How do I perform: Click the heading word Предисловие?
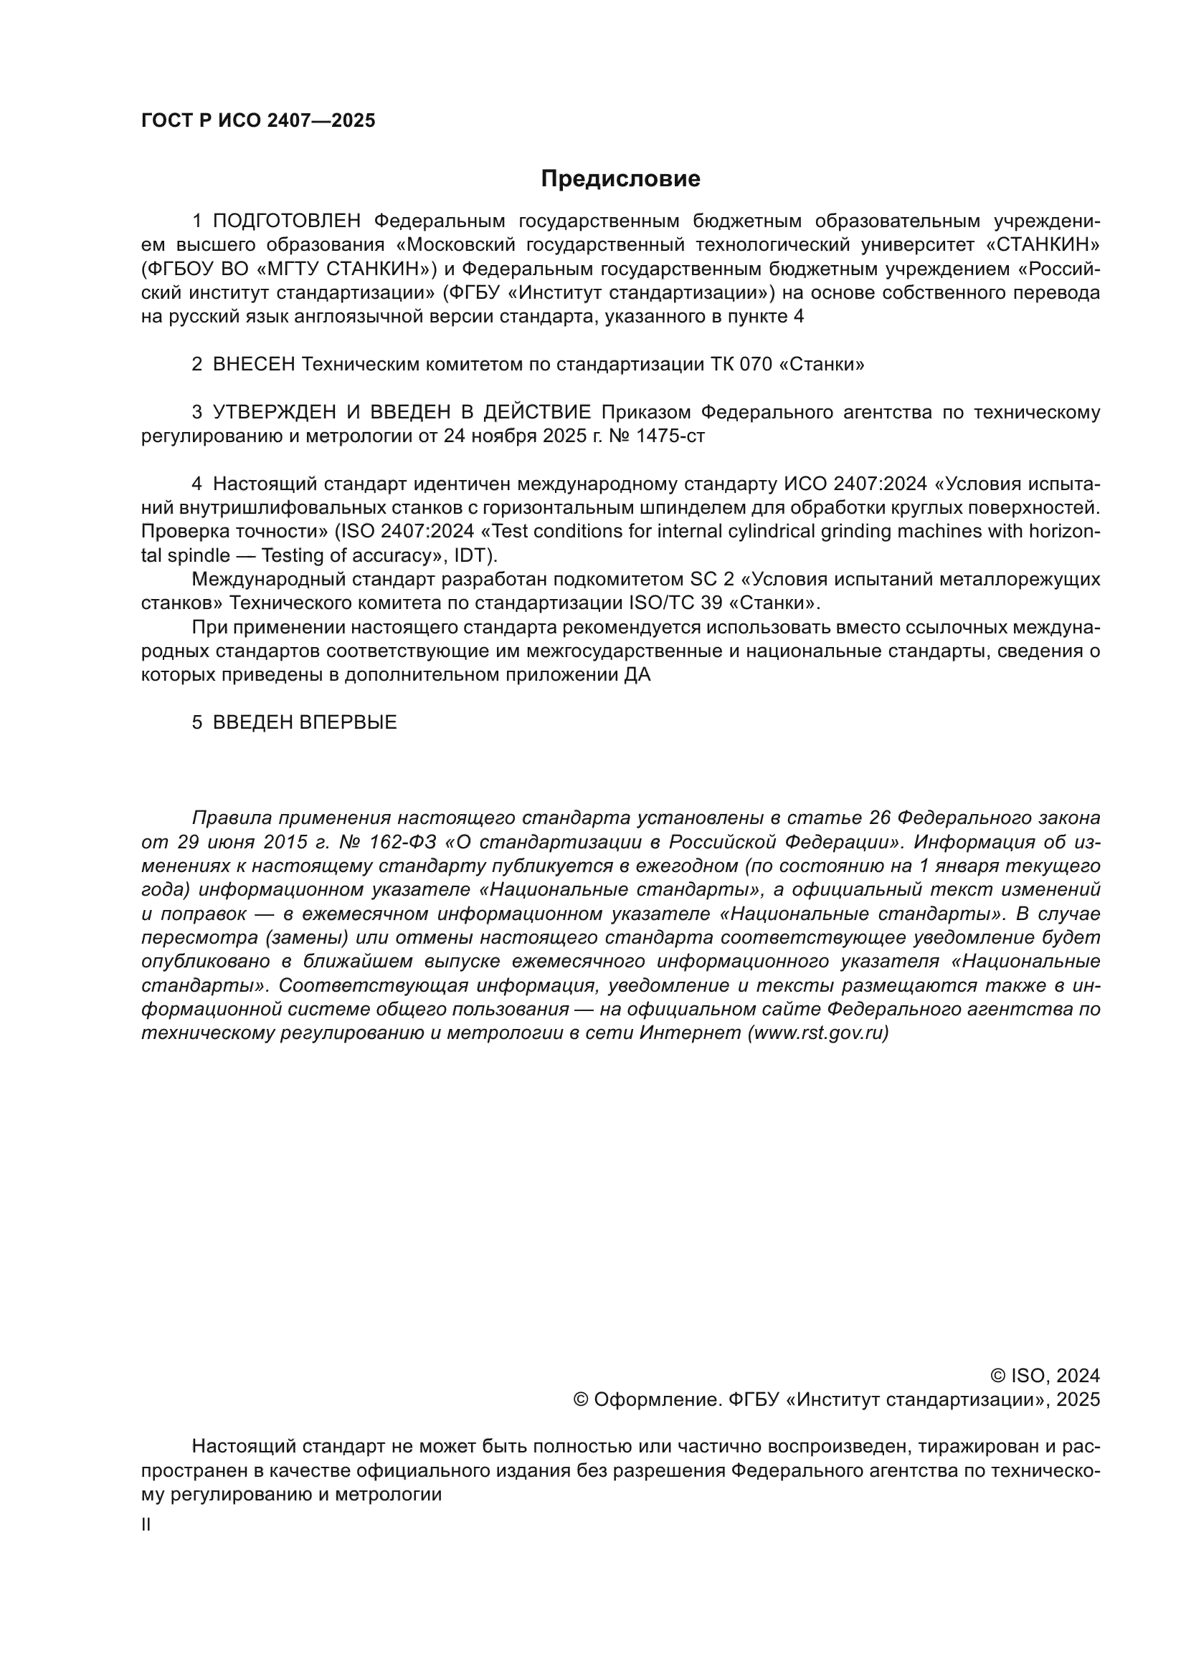[620, 179]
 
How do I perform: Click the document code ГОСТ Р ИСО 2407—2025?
[258, 121]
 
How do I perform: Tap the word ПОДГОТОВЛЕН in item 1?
[287, 221]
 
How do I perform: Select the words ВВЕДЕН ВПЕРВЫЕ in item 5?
[305, 723]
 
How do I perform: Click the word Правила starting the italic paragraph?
[231, 818]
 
